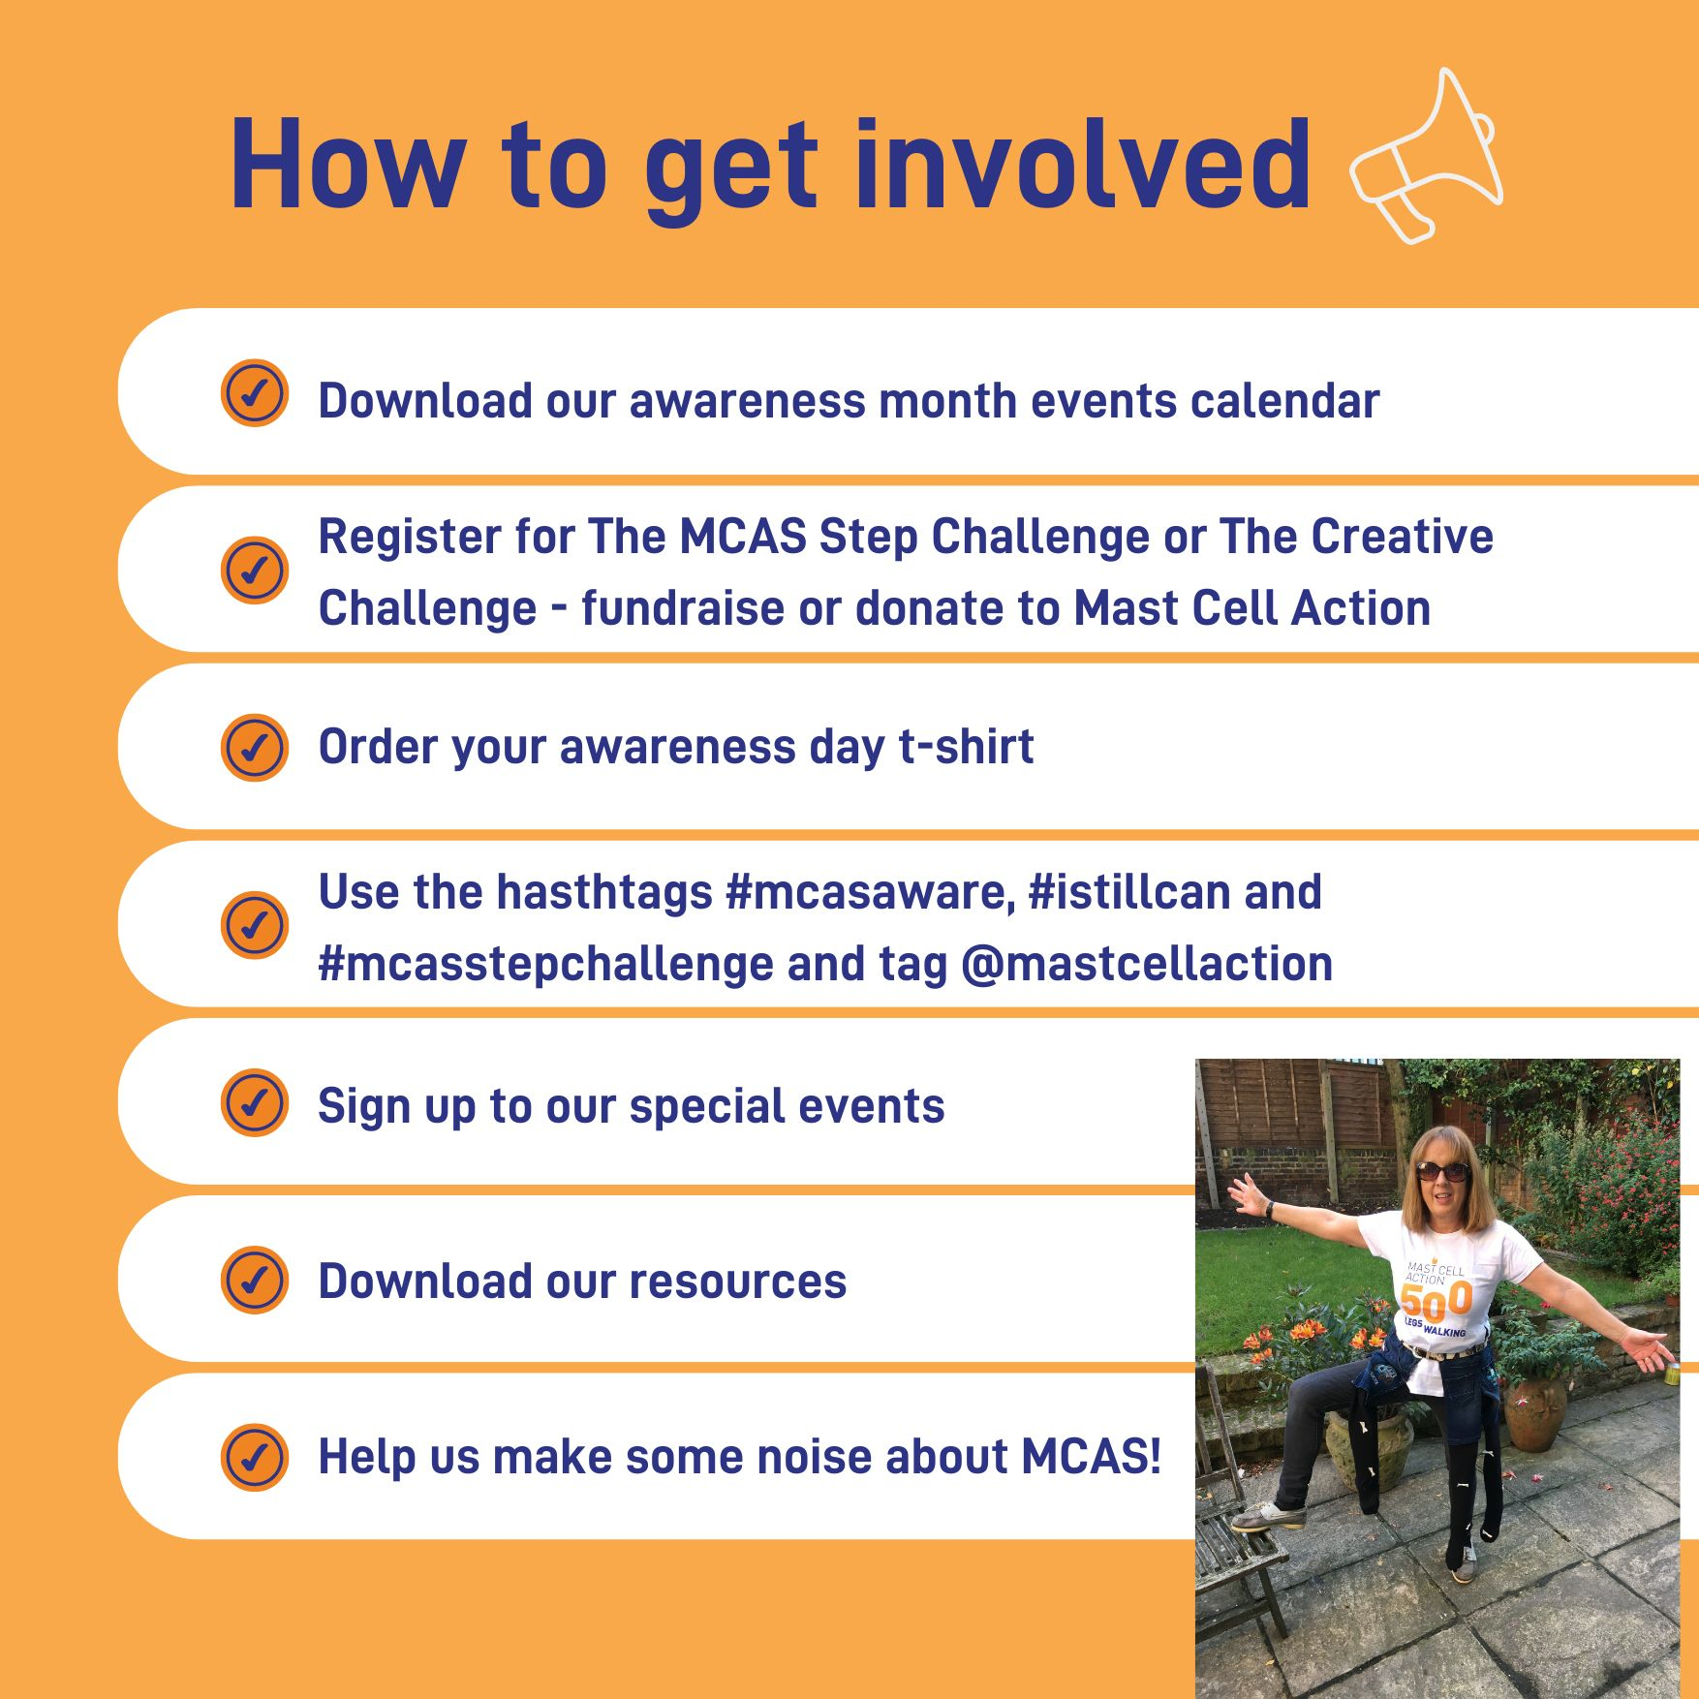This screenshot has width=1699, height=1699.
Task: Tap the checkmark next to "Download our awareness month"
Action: click(255, 393)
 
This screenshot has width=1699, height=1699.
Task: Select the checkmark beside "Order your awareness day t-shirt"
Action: click(255, 748)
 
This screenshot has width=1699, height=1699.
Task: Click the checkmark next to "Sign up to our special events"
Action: click(255, 1102)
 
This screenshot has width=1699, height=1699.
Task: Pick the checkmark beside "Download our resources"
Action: click(255, 1280)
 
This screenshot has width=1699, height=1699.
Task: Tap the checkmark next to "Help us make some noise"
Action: click(255, 1457)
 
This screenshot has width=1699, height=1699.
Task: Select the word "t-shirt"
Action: click(967, 746)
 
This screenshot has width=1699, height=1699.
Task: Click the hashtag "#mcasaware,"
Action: click(871, 891)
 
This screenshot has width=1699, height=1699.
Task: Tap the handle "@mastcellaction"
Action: click(1148, 964)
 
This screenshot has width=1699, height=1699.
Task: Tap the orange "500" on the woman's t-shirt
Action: click(1436, 1300)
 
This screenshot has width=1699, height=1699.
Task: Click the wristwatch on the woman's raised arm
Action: click(1268, 1210)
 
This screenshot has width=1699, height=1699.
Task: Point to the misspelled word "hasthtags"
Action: click(604, 892)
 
